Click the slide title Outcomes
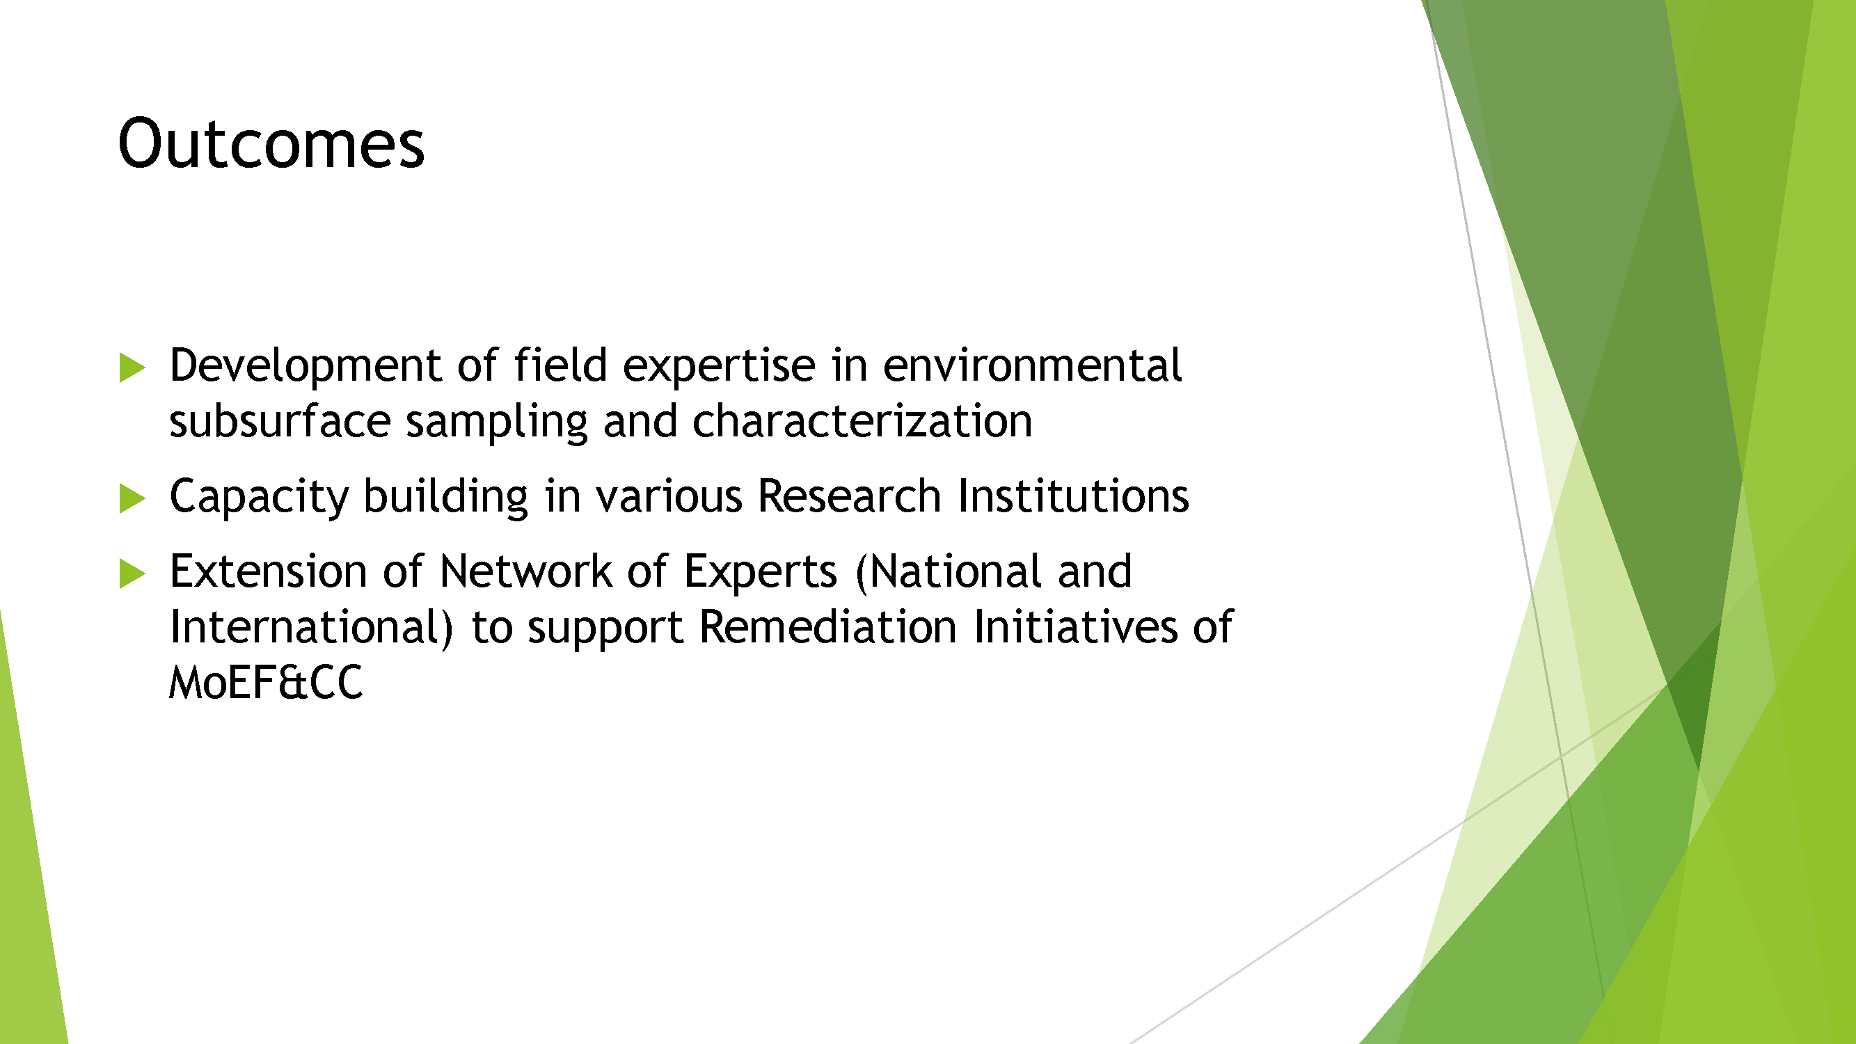[x=271, y=143]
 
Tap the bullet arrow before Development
[x=132, y=367]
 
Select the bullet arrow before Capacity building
[x=132, y=498]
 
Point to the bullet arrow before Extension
[x=132, y=574]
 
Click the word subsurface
[x=280, y=421]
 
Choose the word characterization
[x=862, y=421]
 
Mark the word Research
[x=850, y=496]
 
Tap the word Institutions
[x=1073, y=496]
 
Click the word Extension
[x=268, y=571]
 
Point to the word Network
[x=525, y=571]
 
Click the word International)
[x=311, y=627]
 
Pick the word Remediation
[x=828, y=627]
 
